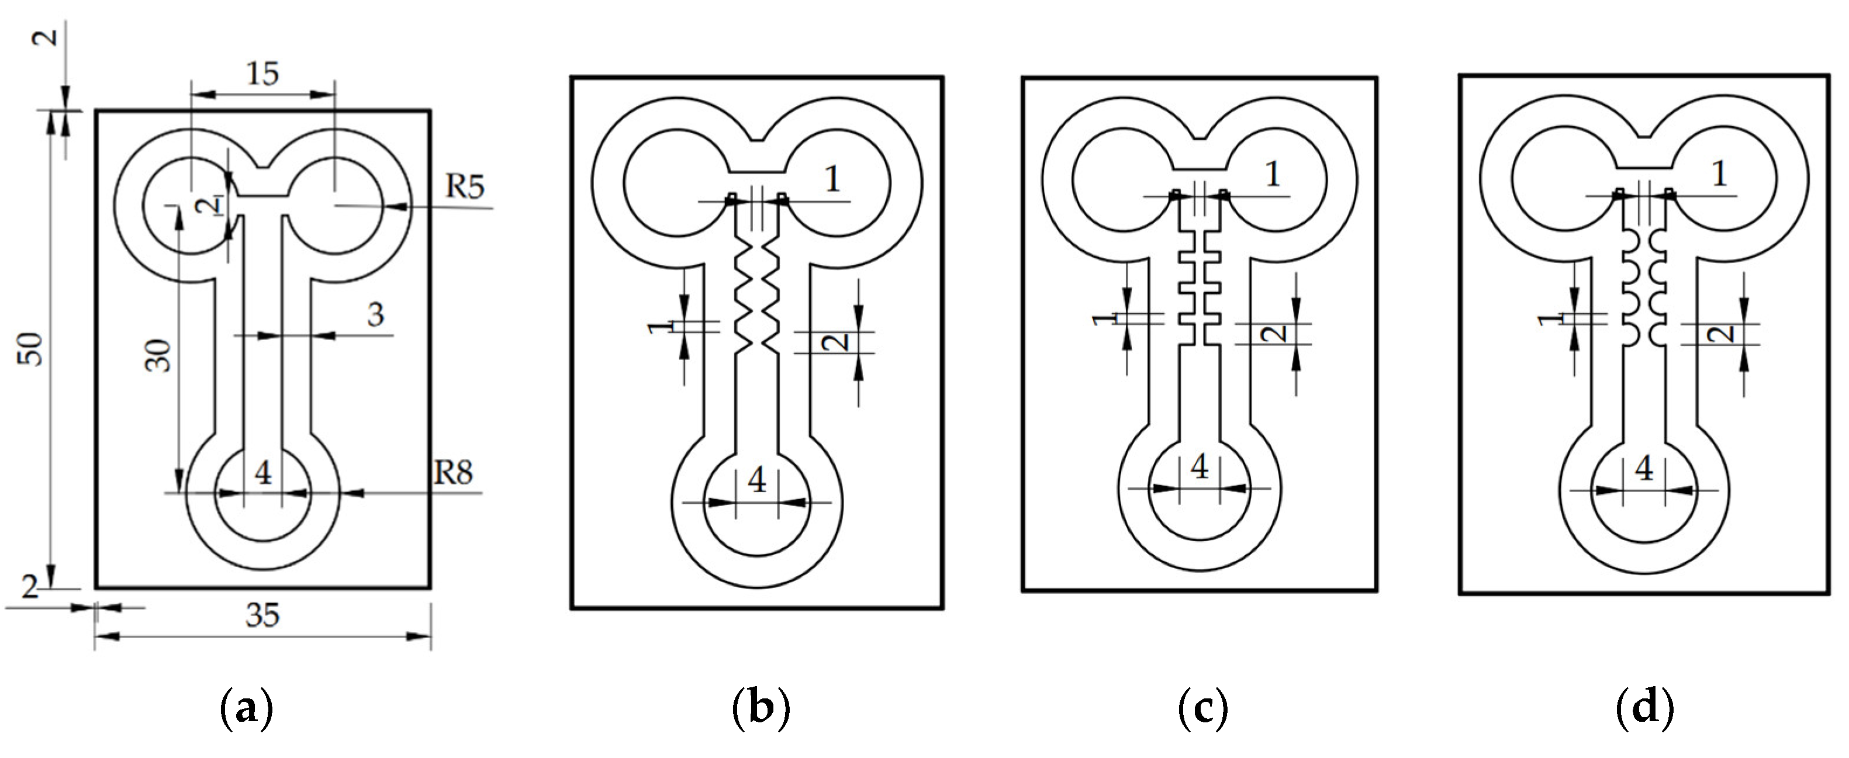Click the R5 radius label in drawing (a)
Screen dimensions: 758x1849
[x=465, y=186]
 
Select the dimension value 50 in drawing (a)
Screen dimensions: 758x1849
[x=32, y=349]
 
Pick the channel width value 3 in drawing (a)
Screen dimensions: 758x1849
[x=375, y=314]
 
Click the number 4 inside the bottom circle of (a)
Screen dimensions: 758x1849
[x=264, y=473]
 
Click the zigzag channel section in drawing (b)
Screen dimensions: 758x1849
[x=757, y=298]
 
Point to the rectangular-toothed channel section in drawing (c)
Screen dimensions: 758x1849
[x=1200, y=287]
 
